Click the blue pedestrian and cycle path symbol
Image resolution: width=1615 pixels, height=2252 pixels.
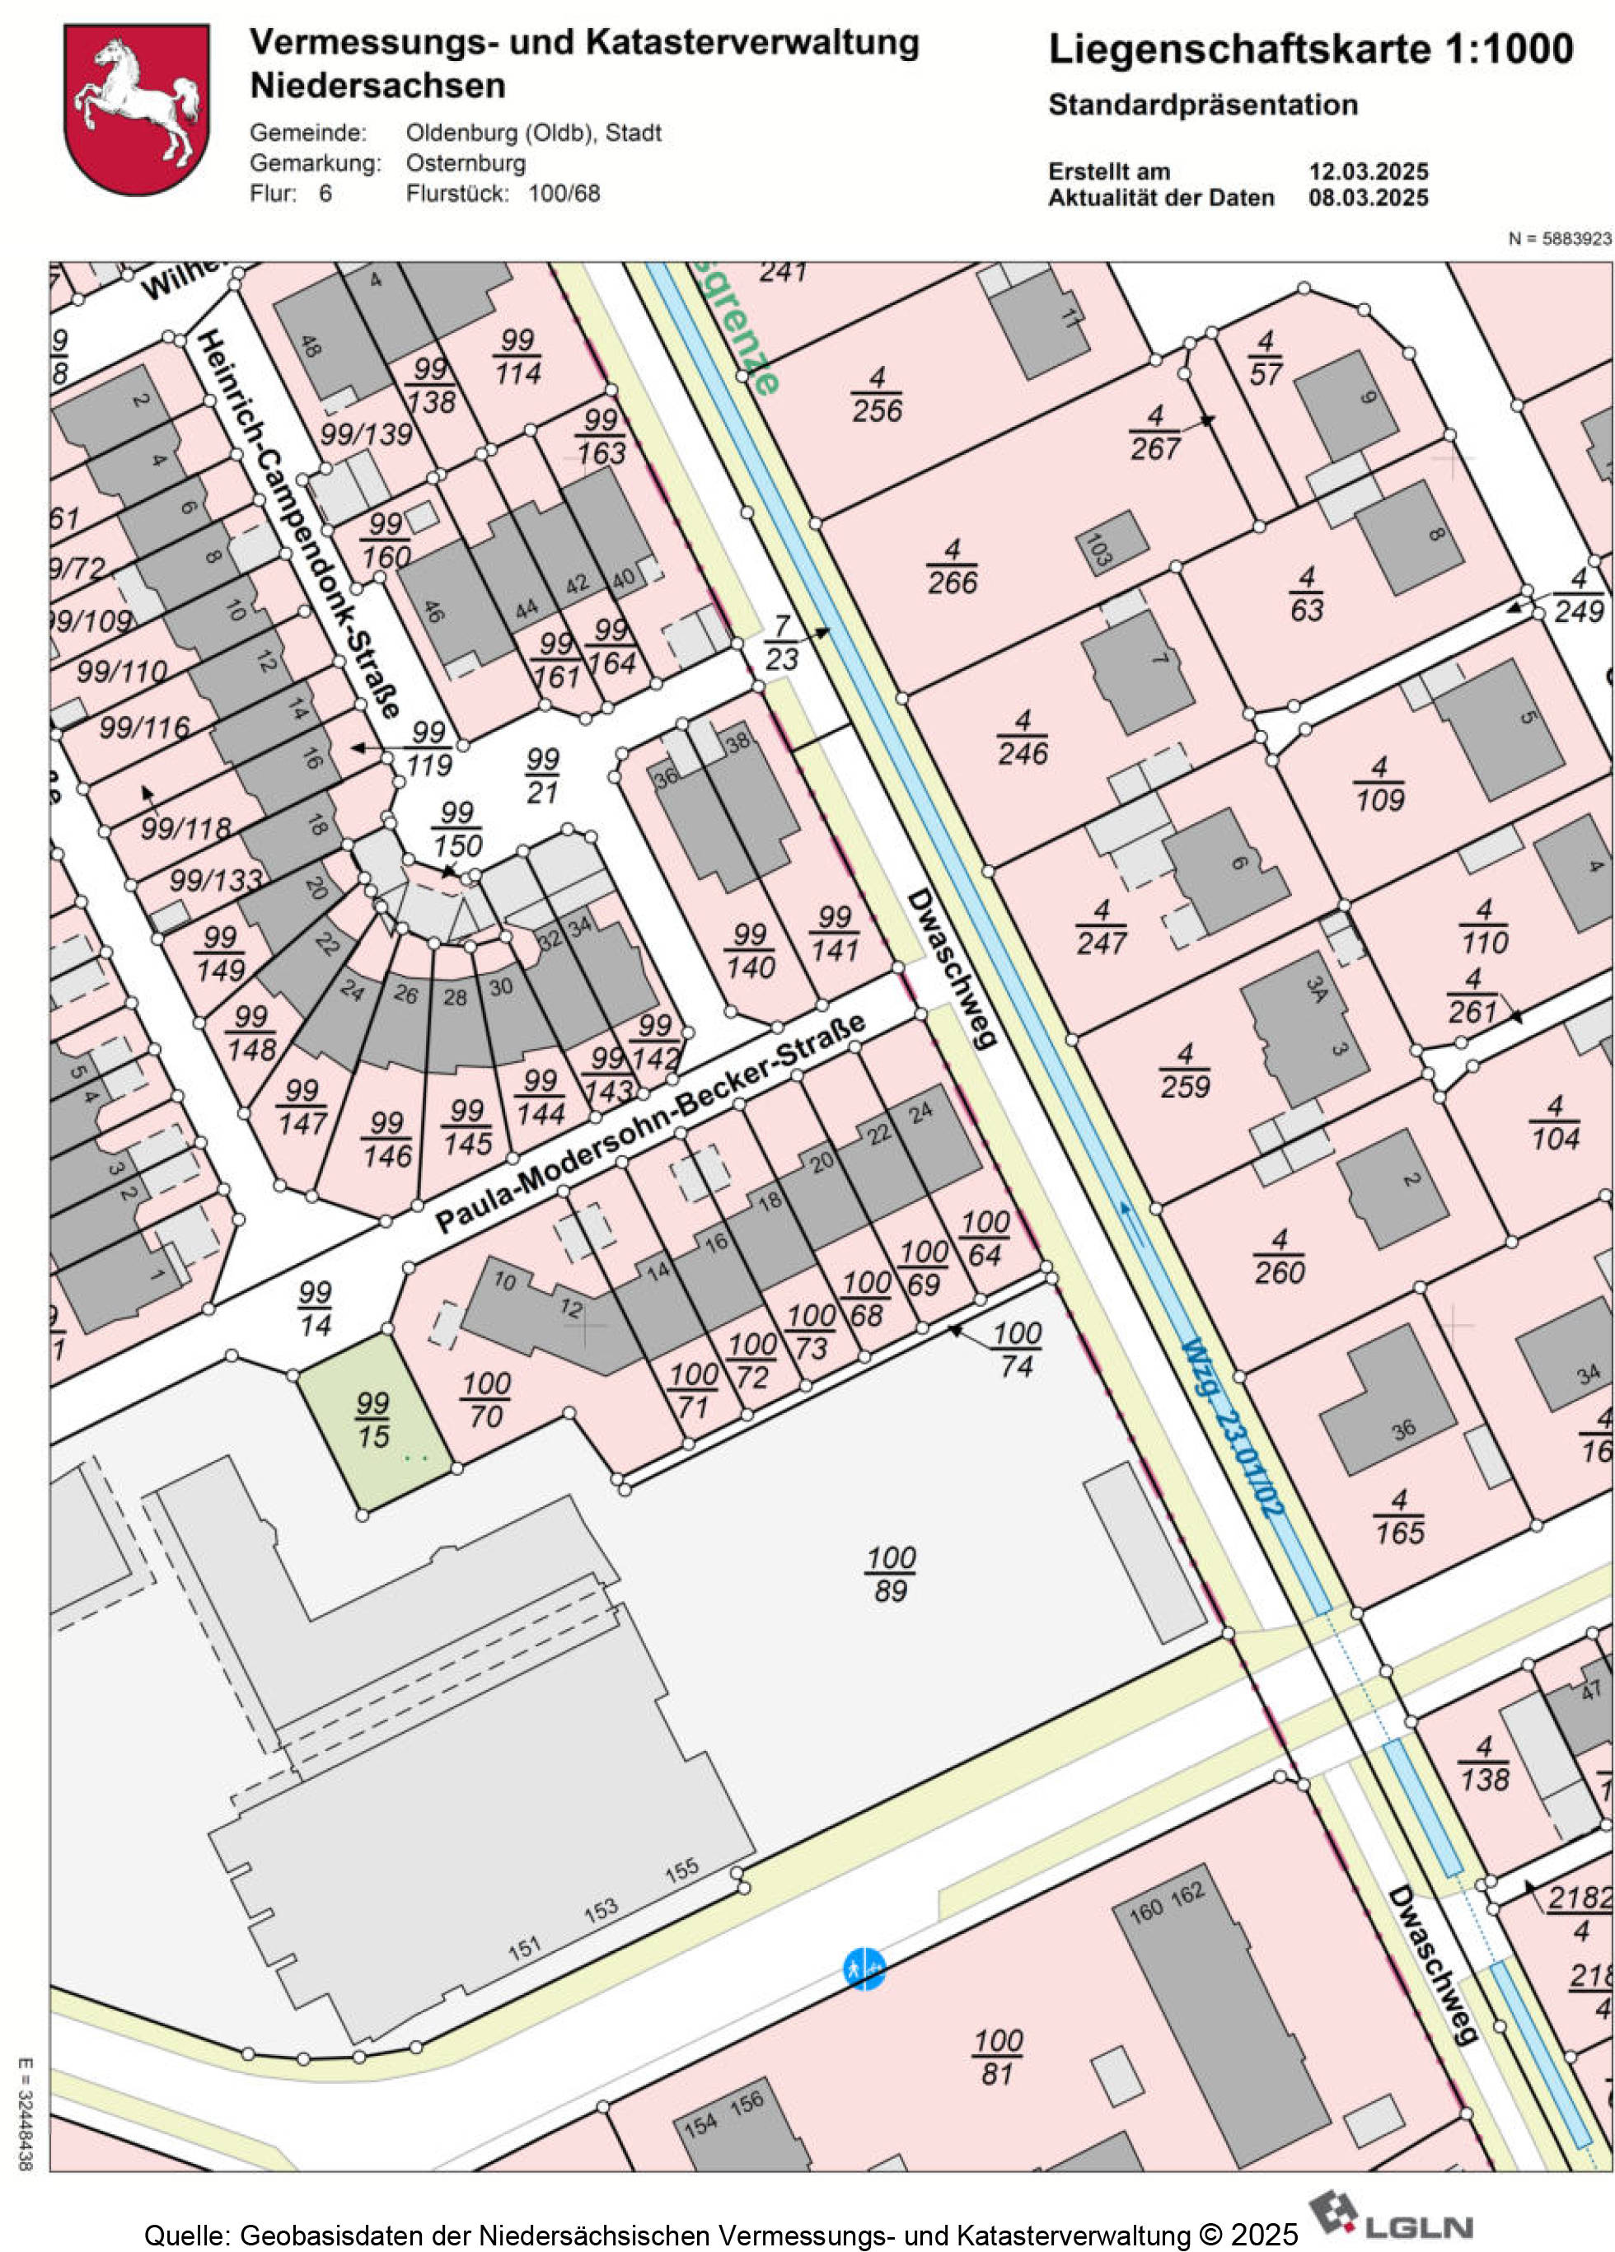[x=863, y=1967]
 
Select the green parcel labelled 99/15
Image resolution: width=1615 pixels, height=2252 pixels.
[x=374, y=1422]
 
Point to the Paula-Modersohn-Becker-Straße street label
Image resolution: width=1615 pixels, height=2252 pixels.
[x=650, y=1123]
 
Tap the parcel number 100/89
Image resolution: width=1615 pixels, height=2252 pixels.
[x=891, y=1574]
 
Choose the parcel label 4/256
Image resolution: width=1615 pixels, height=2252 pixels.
[x=877, y=394]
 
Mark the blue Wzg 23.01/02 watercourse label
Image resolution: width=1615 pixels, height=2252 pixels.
[x=1233, y=1427]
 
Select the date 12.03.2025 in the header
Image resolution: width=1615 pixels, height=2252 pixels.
[x=1367, y=171]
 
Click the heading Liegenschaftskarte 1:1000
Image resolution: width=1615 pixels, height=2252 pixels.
[x=1309, y=49]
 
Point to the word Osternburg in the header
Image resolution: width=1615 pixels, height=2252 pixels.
[x=466, y=163]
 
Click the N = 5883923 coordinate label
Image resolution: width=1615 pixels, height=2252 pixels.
[x=1558, y=239]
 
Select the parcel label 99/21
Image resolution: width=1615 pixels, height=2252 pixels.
[x=542, y=775]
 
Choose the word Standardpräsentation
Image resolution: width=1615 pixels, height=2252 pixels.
[x=1202, y=105]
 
